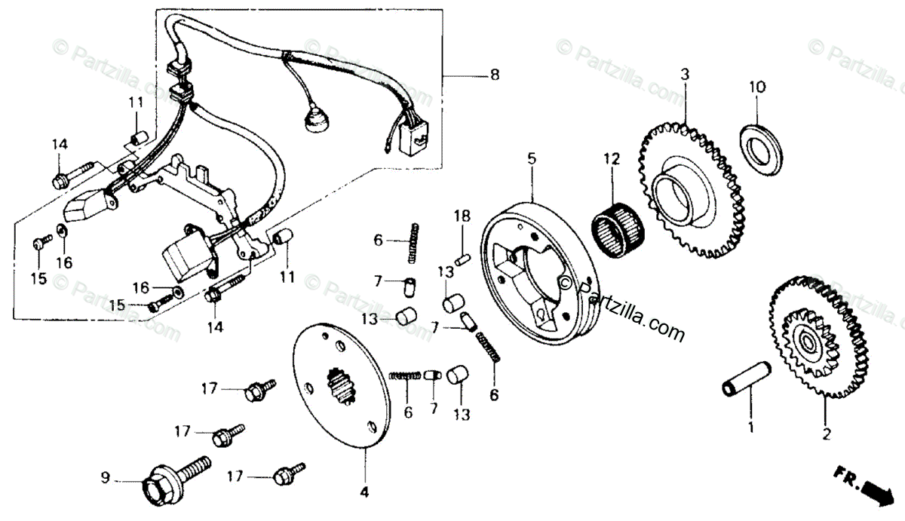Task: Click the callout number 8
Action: coord(494,75)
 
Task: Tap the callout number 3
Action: coord(685,75)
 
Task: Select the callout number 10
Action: coord(757,87)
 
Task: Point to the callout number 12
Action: coord(611,159)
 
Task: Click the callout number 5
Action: coord(532,159)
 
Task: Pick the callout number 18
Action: coord(462,217)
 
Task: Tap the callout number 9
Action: coord(106,477)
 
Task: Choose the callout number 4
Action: coord(364,493)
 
